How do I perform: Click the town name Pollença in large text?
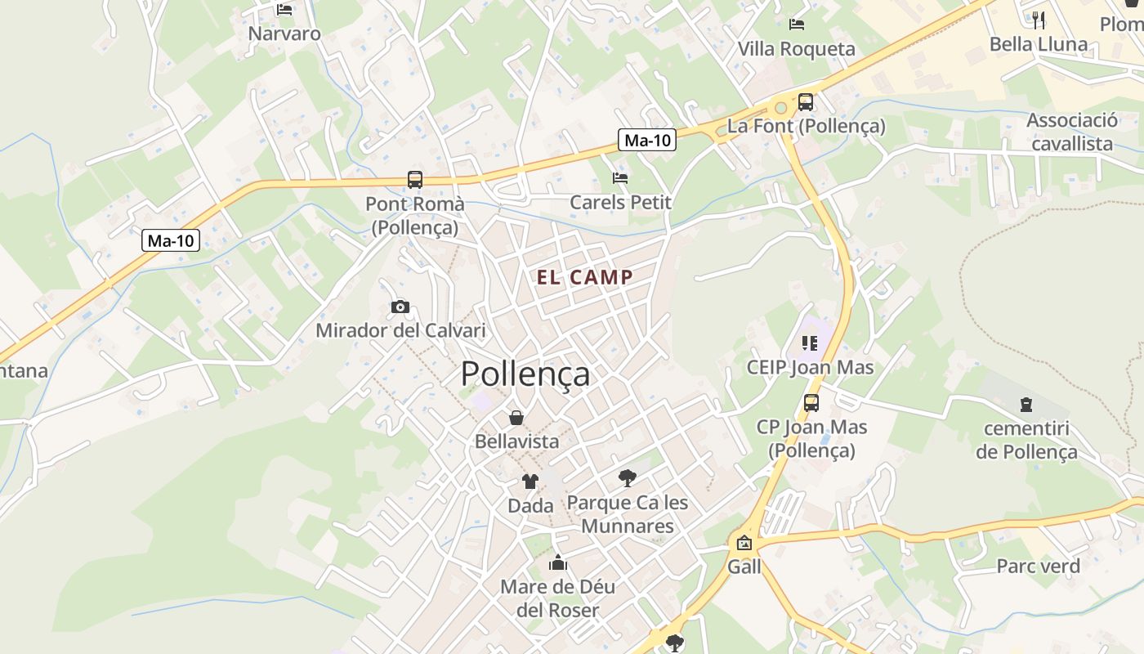(x=525, y=374)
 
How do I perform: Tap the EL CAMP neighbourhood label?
(x=584, y=277)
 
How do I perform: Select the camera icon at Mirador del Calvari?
(x=400, y=307)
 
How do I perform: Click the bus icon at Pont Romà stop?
(x=415, y=179)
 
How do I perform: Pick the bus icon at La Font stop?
(x=806, y=102)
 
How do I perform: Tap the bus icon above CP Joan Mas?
(x=811, y=402)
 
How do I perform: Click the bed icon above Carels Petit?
(x=620, y=177)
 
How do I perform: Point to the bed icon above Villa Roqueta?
(x=797, y=25)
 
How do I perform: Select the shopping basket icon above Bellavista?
(x=516, y=418)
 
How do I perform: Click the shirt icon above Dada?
(x=530, y=482)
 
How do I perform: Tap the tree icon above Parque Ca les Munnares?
(x=627, y=478)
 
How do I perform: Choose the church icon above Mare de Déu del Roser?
(x=558, y=562)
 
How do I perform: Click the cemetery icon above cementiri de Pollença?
(x=1026, y=404)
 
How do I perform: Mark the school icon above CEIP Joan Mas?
(x=810, y=343)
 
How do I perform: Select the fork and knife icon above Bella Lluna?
(x=1039, y=20)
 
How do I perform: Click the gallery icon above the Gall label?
(x=744, y=543)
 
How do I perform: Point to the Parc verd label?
(x=1038, y=566)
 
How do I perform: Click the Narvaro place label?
(x=284, y=34)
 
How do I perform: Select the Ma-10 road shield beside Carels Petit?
(x=646, y=140)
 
